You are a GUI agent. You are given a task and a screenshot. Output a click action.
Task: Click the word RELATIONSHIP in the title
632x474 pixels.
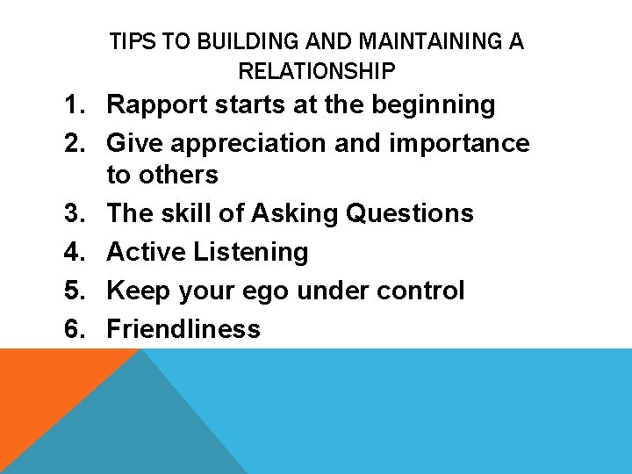[x=317, y=70]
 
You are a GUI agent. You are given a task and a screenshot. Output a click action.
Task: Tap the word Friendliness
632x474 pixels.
[x=183, y=329]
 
